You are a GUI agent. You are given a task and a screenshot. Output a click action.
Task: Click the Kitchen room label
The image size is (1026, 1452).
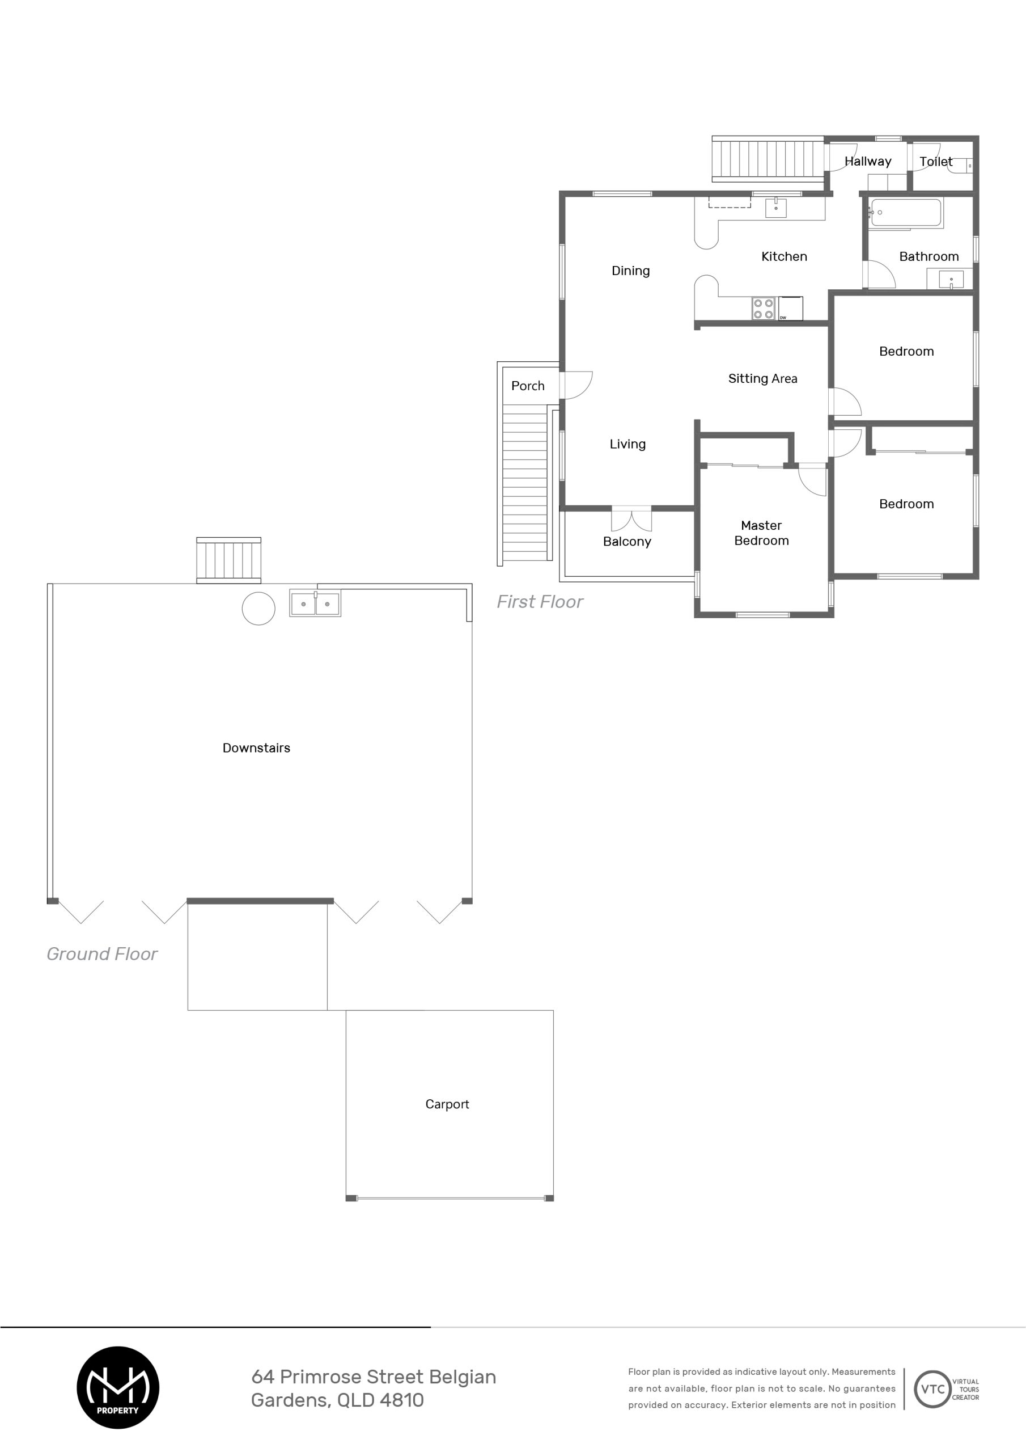pos(784,256)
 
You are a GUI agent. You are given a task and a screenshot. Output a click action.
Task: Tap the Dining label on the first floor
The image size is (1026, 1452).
pos(630,271)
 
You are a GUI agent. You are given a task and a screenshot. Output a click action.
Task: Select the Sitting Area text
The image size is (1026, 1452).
pos(762,378)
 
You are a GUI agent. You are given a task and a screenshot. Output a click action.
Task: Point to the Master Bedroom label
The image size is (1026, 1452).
pos(761,533)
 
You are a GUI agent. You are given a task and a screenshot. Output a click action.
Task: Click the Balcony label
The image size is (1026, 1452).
pos(626,541)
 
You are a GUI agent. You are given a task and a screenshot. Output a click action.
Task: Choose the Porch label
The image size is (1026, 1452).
pos(528,386)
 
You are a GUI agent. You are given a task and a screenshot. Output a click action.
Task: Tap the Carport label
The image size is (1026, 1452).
pos(447,1104)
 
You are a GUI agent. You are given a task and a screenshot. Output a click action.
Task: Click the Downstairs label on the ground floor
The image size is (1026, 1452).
pos(256,748)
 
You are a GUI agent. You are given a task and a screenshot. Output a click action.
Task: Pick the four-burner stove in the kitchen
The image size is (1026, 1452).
pos(764,309)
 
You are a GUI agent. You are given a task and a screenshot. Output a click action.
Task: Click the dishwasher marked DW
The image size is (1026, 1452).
pos(790,309)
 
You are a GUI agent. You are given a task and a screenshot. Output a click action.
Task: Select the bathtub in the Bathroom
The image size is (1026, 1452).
pos(906,213)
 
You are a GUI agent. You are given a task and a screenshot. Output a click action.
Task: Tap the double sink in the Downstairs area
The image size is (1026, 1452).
pos(315,604)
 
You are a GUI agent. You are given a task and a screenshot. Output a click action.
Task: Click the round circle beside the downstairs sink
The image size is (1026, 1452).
pos(258,609)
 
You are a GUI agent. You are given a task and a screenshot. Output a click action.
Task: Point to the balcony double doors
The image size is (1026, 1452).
pos(631,518)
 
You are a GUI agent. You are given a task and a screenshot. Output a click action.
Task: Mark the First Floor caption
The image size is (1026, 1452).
pos(540,601)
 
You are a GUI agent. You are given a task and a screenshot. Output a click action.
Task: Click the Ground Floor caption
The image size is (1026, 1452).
pos(102,953)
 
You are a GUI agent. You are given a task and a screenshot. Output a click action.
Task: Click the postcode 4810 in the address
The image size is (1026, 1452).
pos(402,1399)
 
